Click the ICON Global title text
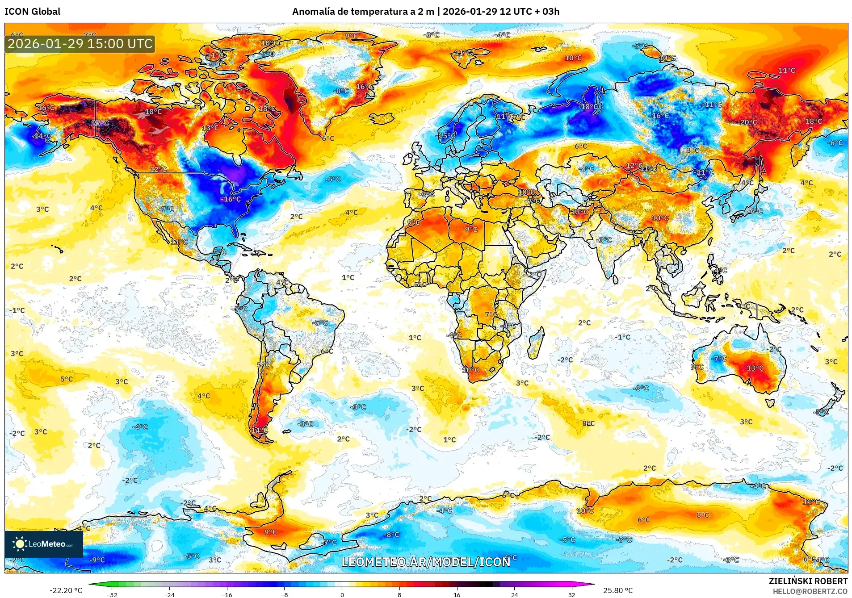(32, 12)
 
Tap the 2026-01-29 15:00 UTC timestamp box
(80, 44)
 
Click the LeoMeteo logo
(44, 544)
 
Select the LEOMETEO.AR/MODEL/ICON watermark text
(426, 562)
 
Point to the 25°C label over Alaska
(100, 123)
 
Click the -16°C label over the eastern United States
(231, 199)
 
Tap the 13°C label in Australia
(755, 368)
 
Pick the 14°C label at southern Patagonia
(259, 431)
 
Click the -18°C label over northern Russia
(589, 107)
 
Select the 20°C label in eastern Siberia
(748, 122)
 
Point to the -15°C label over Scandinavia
(446, 136)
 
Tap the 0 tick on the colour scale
(342, 594)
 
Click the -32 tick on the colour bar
(112, 594)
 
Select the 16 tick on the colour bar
(457, 594)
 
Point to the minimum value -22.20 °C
(66, 590)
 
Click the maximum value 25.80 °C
(618, 590)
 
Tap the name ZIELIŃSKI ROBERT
(808, 581)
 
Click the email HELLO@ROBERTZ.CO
(810, 591)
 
